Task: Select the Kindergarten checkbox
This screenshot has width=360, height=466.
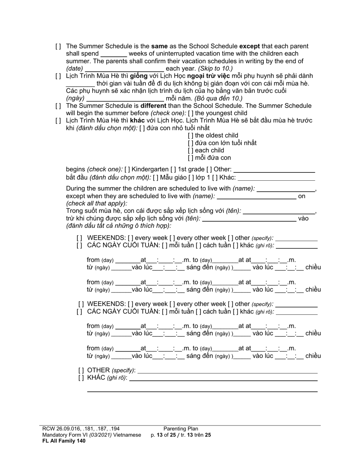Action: coord(127,169)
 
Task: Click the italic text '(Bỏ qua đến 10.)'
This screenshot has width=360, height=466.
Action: coord(219,99)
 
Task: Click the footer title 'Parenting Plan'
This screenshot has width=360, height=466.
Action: coord(181,429)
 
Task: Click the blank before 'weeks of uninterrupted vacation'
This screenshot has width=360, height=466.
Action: coord(113,54)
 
